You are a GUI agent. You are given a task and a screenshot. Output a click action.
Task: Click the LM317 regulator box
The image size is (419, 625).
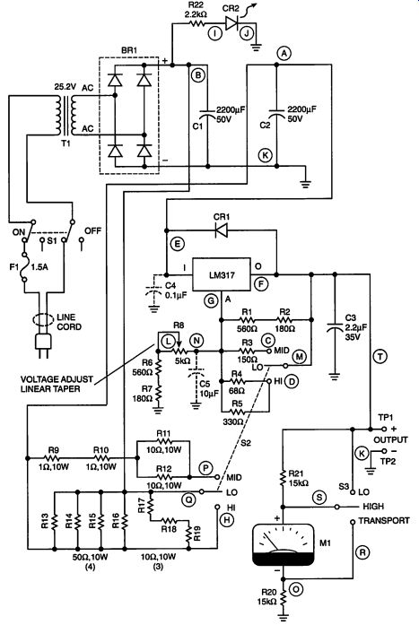click(x=222, y=274)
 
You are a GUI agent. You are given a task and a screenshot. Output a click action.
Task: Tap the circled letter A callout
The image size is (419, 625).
click(x=284, y=53)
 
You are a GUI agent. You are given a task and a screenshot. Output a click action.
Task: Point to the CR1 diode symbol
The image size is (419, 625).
click(x=222, y=230)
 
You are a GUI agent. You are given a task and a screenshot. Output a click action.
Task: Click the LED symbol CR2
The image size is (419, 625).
click(x=232, y=23)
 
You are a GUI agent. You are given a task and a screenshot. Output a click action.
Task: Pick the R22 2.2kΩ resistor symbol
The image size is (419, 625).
click(x=196, y=23)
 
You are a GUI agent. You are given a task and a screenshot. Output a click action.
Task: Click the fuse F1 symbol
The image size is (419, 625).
click(x=24, y=267)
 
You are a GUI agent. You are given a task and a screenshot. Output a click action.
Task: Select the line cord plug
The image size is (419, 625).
click(x=43, y=343)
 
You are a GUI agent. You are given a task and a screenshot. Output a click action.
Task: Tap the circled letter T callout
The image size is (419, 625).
click(x=380, y=356)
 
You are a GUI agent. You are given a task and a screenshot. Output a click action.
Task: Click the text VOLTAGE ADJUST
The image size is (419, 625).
click(x=57, y=379)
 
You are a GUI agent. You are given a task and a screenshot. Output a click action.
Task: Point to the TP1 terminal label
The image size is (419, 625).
click(x=385, y=417)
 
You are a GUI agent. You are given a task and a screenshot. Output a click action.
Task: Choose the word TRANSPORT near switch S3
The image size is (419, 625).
click(x=383, y=521)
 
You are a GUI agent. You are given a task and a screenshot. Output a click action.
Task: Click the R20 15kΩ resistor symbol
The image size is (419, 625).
click(x=283, y=596)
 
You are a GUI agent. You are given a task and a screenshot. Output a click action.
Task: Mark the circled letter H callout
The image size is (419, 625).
click(x=227, y=519)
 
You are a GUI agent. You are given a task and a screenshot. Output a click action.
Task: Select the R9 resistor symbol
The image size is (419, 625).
click(x=53, y=458)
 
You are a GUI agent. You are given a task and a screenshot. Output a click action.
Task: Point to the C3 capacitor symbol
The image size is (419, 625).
click(x=335, y=327)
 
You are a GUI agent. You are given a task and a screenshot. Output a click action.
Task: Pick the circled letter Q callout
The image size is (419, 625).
click(x=187, y=498)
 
